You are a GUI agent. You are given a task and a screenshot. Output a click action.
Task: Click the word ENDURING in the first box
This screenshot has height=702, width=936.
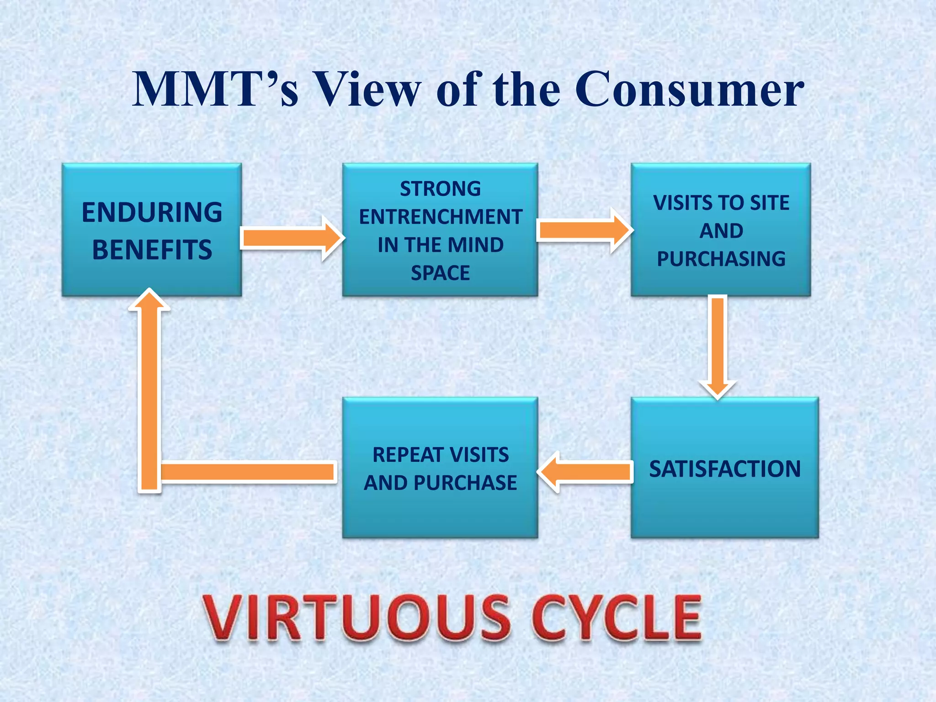(152, 213)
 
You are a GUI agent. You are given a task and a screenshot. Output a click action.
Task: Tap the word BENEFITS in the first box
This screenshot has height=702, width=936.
(152, 250)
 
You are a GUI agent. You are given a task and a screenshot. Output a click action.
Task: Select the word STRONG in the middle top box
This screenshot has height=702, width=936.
(440, 189)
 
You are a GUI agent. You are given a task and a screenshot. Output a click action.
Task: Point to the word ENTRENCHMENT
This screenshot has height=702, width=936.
(440, 217)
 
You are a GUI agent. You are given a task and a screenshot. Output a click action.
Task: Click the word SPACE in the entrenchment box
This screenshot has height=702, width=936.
(440, 273)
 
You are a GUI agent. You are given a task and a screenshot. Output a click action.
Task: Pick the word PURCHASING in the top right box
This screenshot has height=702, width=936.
(721, 259)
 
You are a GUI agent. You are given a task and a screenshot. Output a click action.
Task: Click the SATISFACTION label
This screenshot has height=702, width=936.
(724, 469)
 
